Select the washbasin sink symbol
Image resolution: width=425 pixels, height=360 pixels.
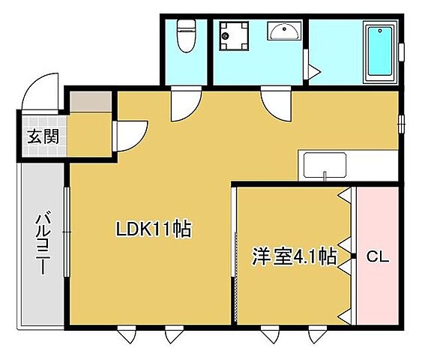284,31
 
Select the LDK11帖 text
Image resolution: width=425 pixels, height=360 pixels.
154,228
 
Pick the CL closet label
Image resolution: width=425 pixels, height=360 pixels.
376,257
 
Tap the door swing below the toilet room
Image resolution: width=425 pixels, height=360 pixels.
184,103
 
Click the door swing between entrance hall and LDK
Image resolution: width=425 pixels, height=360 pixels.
127,135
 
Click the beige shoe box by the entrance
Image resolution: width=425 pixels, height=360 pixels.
89,100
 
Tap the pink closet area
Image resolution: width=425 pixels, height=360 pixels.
377,225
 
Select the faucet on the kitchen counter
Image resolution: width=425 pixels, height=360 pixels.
325,177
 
